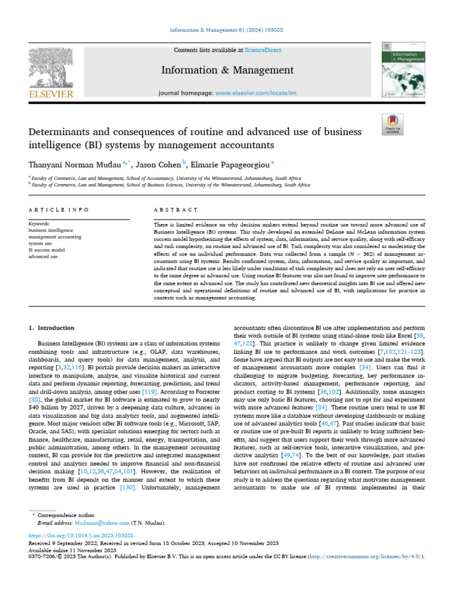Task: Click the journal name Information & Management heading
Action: point(226,71)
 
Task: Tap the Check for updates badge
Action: point(393,124)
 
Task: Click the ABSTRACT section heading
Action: point(175,210)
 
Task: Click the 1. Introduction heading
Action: point(51,328)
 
